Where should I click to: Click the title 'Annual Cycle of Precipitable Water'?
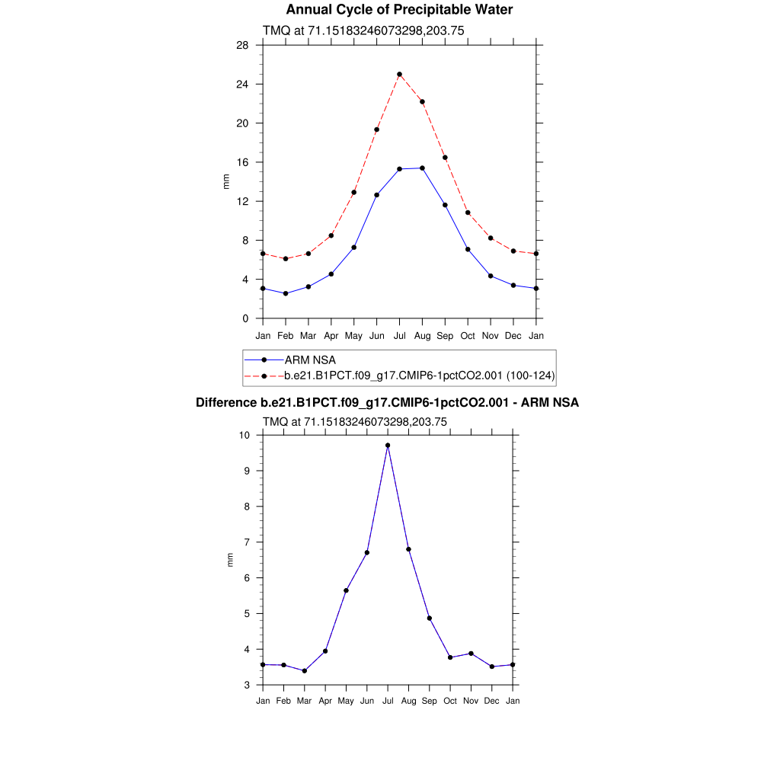click(399, 10)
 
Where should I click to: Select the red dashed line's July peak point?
click(399, 75)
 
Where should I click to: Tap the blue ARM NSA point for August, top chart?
click(422, 168)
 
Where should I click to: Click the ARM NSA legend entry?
click(309, 360)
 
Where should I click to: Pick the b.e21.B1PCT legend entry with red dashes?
click(419, 376)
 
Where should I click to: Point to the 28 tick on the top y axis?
click(242, 45)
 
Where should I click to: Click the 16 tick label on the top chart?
click(242, 162)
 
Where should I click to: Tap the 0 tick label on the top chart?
click(245, 318)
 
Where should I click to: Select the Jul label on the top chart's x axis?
click(399, 335)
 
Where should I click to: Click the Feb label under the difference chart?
click(283, 700)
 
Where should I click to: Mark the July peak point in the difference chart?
click(388, 445)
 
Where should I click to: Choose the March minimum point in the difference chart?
click(305, 670)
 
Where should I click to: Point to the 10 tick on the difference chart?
click(244, 435)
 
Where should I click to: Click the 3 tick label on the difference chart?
click(247, 685)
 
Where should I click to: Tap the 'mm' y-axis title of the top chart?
click(225, 181)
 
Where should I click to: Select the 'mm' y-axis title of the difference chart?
click(230, 560)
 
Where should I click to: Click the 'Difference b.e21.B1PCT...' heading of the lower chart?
click(387, 402)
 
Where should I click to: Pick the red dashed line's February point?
click(286, 259)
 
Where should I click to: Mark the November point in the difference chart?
click(472, 654)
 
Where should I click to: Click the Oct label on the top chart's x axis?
click(468, 335)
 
